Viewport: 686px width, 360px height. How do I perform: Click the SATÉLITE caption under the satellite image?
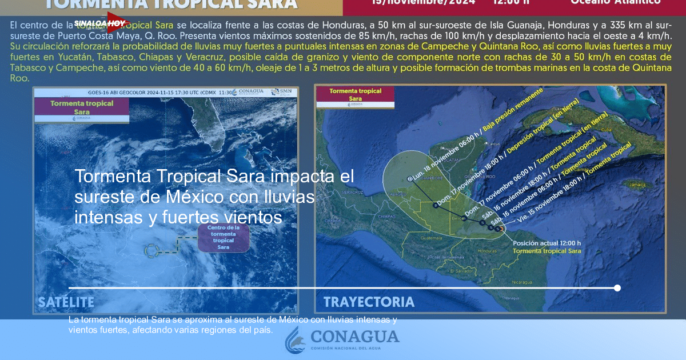[x=66, y=302]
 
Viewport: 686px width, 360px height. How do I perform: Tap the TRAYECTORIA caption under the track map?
[x=369, y=302]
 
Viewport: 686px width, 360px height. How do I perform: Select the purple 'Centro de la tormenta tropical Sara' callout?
[x=224, y=237]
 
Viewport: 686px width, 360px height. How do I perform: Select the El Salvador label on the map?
[x=460, y=270]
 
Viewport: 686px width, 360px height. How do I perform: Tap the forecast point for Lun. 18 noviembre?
[x=410, y=179]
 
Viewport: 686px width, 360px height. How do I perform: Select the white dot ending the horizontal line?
[x=617, y=288]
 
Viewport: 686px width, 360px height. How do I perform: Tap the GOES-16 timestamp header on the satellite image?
[x=149, y=91]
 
